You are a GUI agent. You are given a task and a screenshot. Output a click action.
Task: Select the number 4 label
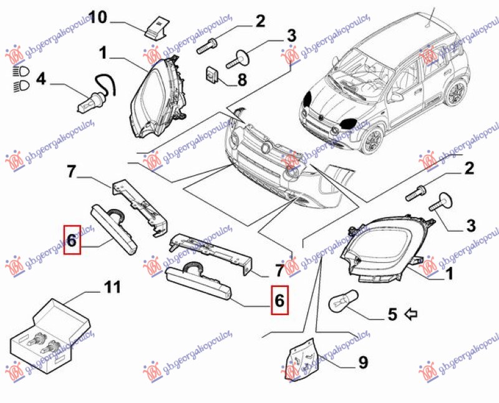41,79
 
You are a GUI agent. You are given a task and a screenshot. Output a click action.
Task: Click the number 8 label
242,80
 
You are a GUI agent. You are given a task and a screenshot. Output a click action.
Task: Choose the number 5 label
392,314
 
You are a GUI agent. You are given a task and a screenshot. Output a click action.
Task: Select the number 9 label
362,361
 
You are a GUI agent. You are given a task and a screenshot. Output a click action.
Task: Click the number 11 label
112,288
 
